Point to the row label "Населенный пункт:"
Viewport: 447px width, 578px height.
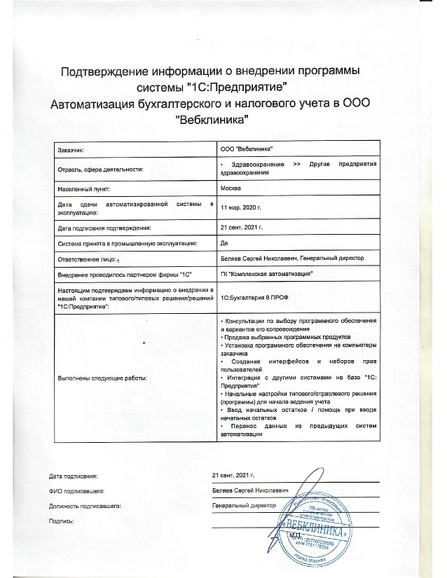(x=83, y=189)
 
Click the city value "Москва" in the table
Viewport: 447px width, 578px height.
(x=231, y=189)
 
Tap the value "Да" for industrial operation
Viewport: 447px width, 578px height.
(x=224, y=243)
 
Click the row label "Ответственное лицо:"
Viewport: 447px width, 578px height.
(x=87, y=258)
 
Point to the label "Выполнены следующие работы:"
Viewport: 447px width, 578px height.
(x=102, y=378)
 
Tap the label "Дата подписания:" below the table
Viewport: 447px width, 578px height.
(x=74, y=476)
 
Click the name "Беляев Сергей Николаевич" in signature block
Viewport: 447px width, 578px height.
(x=252, y=490)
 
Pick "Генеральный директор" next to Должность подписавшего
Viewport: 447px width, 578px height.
(x=244, y=505)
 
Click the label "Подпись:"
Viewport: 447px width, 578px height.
(x=62, y=521)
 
